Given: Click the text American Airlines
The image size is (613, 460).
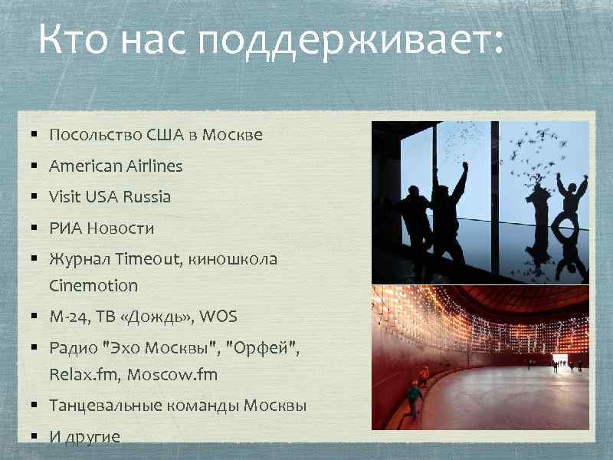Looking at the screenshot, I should pyautogui.click(x=116, y=166).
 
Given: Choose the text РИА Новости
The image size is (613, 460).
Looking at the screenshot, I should pyautogui.click(x=101, y=228).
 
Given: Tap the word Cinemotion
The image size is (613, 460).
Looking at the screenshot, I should pyautogui.click(x=93, y=286).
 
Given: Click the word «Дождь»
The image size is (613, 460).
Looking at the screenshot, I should pyautogui.click(x=156, y=317).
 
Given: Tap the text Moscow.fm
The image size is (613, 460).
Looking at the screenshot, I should pyautogui.click(x=172, y=375).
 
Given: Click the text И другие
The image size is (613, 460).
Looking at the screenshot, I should pyautogui.click(x=84, y=437).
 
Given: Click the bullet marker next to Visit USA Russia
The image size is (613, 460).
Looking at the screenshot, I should pyautogui.click(x=35, y=197).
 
